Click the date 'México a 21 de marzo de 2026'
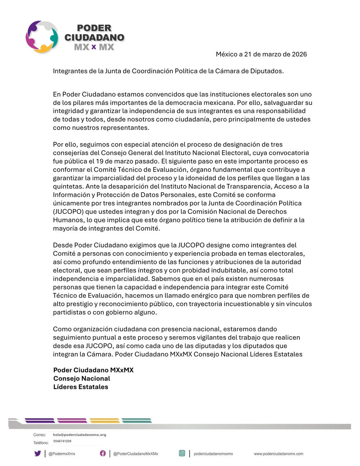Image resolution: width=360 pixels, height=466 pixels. coord(261,54)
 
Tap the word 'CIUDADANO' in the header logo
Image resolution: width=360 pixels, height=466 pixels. coord(100,38)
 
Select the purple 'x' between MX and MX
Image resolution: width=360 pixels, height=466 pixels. coord(94,47)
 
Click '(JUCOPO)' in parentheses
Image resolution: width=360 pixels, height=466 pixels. coord(69,211)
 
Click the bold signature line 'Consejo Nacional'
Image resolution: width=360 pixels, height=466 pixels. coord(82,379)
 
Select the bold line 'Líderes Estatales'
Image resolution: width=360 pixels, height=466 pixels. coord(81,387)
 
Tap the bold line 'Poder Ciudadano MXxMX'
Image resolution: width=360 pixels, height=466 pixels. coord(93,370)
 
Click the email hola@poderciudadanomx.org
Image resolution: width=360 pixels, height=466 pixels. coord(80,435)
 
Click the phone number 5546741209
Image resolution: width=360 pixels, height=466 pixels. coord(62,441)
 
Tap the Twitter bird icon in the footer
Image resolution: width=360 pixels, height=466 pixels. coord(38,453)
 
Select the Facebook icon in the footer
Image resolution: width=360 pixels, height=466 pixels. coord(103,453)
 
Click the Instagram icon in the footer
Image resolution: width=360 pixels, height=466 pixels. coord(182,453)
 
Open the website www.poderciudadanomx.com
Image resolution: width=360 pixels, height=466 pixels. coord(278,454)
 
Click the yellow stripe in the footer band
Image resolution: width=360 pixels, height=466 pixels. coord(104,421)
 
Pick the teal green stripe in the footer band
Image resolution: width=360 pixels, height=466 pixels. coord(136,421)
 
